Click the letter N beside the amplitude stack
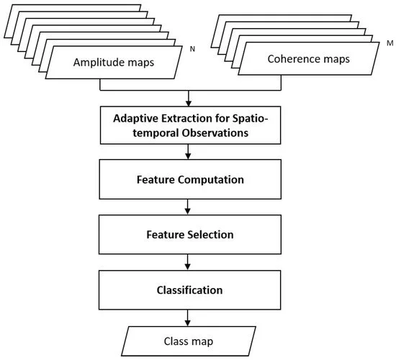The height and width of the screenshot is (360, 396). point(192,49)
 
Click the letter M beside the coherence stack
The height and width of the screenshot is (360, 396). point(390,43)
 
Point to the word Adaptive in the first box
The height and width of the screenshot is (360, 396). point(135,119)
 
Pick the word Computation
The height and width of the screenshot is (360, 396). point(211,180)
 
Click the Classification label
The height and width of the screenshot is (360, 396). point(189,290)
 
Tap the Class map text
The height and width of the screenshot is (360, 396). point(189,341)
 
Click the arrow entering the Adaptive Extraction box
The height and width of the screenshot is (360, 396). point(188,98)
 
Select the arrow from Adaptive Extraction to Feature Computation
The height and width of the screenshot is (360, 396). point(188,152)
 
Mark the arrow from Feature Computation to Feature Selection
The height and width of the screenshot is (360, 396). point(187,207)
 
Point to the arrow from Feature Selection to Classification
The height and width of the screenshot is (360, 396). point(187,262)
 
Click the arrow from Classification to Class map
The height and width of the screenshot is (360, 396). point(187,318)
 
